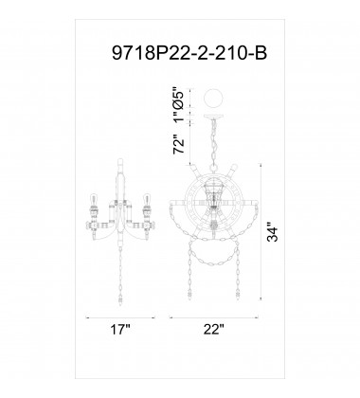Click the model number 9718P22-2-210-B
[189, 52]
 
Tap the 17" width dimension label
[120, 330]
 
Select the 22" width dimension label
[213, 330]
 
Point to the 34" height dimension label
[273, 233]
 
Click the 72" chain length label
[179, 145]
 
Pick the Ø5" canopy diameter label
[179, 99]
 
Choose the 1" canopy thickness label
[179, 117]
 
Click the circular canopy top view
[214, 99]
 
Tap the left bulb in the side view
[94, 199]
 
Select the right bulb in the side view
[146, 199]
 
